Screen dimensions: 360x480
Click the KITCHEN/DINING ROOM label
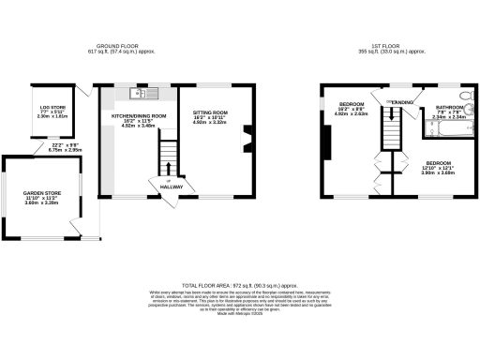139,115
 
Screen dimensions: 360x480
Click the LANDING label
401,100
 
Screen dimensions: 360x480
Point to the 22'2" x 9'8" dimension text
59,144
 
